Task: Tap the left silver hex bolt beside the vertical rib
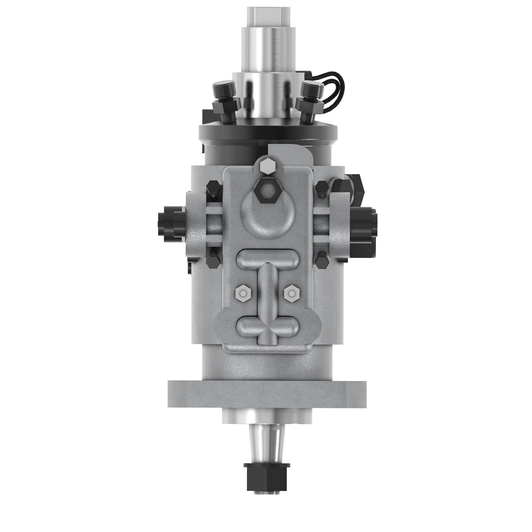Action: pyautogui.click(x=242, y=292)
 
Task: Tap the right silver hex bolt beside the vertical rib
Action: pyautogui.click(x=291, y=292)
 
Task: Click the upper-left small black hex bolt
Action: pyautogui.click(x=213, y=188)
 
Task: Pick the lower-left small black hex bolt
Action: pyautogui.click(x=213, y=260)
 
